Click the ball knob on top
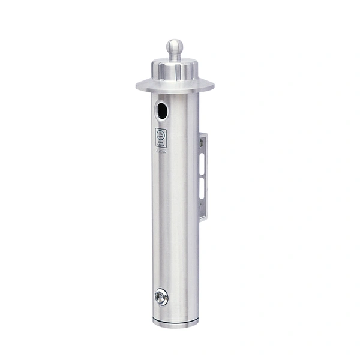[175, 45]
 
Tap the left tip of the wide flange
[137, 86]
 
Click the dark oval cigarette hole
[162, 110]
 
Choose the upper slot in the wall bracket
[203, 164]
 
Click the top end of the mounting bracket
[203, 134]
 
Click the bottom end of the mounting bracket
[203, 220]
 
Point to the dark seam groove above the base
[175, 318]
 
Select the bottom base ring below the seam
[175, 323]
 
